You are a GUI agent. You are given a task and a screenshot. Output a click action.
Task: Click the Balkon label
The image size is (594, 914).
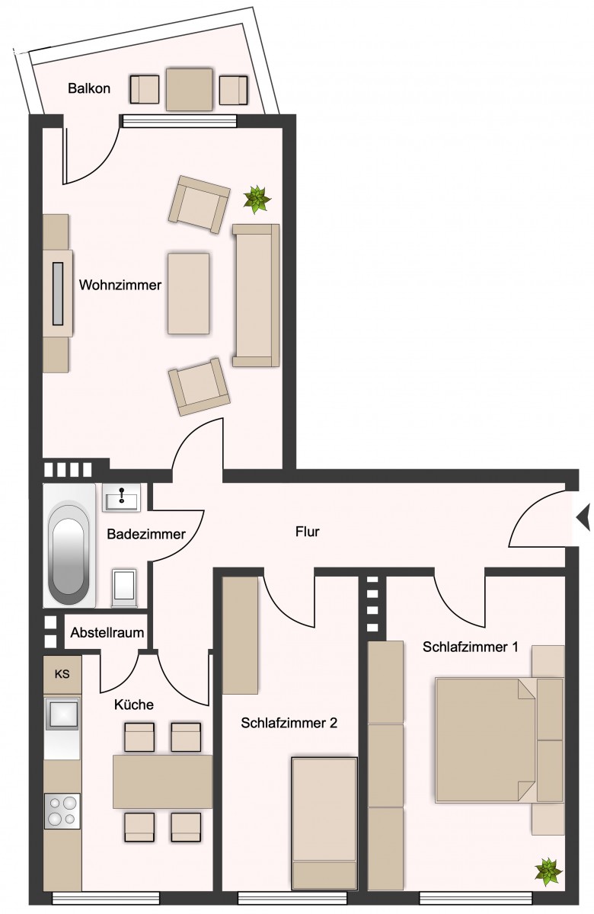coord(89,88)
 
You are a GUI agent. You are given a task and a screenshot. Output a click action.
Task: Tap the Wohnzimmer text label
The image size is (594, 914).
coord(120,285)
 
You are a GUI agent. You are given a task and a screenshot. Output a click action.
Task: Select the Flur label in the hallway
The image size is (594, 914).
coord(307,532)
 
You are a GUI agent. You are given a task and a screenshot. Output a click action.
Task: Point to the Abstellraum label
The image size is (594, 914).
coord(107,632)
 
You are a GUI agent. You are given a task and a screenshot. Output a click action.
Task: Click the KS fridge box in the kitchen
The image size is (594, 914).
coord(62,673)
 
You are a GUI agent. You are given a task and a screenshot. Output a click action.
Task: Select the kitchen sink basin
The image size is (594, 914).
coord(62,714)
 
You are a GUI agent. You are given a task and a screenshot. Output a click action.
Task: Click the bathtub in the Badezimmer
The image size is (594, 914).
coord(69,545)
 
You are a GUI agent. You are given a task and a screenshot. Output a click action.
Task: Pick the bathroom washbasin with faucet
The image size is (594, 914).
coord(122,497)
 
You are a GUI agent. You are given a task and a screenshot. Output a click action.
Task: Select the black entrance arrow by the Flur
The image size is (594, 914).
coord(584,517)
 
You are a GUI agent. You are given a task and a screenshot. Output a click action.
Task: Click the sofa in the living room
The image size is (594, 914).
coord(256,295)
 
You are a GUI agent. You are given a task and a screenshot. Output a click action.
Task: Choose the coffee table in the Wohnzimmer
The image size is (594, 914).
coord(189,293)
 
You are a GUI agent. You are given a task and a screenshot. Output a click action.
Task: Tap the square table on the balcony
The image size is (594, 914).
coord(190,89)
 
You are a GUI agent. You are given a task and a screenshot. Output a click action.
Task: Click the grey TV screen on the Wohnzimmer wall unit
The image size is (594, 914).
coord(58,293)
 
